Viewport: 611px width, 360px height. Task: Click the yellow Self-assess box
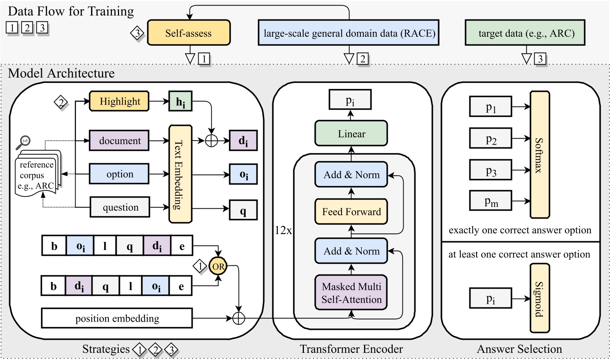click(x=188, y=33)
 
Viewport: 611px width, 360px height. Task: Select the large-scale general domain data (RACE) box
click(x=349, y=33)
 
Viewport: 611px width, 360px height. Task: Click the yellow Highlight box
click(x=120, y=101)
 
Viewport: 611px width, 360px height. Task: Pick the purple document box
click(x=120, y=141)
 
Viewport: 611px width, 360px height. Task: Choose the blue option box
click(x=120, y=174)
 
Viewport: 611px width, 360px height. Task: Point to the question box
click(x=120, y=207)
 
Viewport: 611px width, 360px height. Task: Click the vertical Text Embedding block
click(x=180, y=174)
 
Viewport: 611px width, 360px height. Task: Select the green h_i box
click(x=180, y=101)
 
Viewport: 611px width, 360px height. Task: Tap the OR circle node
click(x=218, y=267)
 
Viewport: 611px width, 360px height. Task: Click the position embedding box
click(x=117, y=318)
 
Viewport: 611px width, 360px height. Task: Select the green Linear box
click(x=351, y=133)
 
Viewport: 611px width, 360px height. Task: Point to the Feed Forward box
click(x=351, y=211)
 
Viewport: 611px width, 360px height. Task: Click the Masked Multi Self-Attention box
click(x=351, y=293)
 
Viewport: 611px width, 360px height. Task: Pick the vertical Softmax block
click(x=540, y=155)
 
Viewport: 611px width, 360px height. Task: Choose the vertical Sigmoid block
click(x=540, y=299)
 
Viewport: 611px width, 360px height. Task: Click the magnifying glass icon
click(x=24, y=142)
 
